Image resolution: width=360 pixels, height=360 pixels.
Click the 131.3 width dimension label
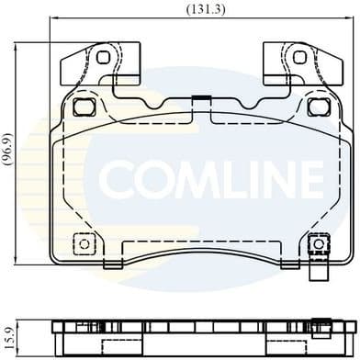[180, 9]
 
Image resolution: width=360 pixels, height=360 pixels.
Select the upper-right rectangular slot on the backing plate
[318, 107]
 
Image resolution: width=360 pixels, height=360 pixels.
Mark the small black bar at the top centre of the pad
[199, 97]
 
